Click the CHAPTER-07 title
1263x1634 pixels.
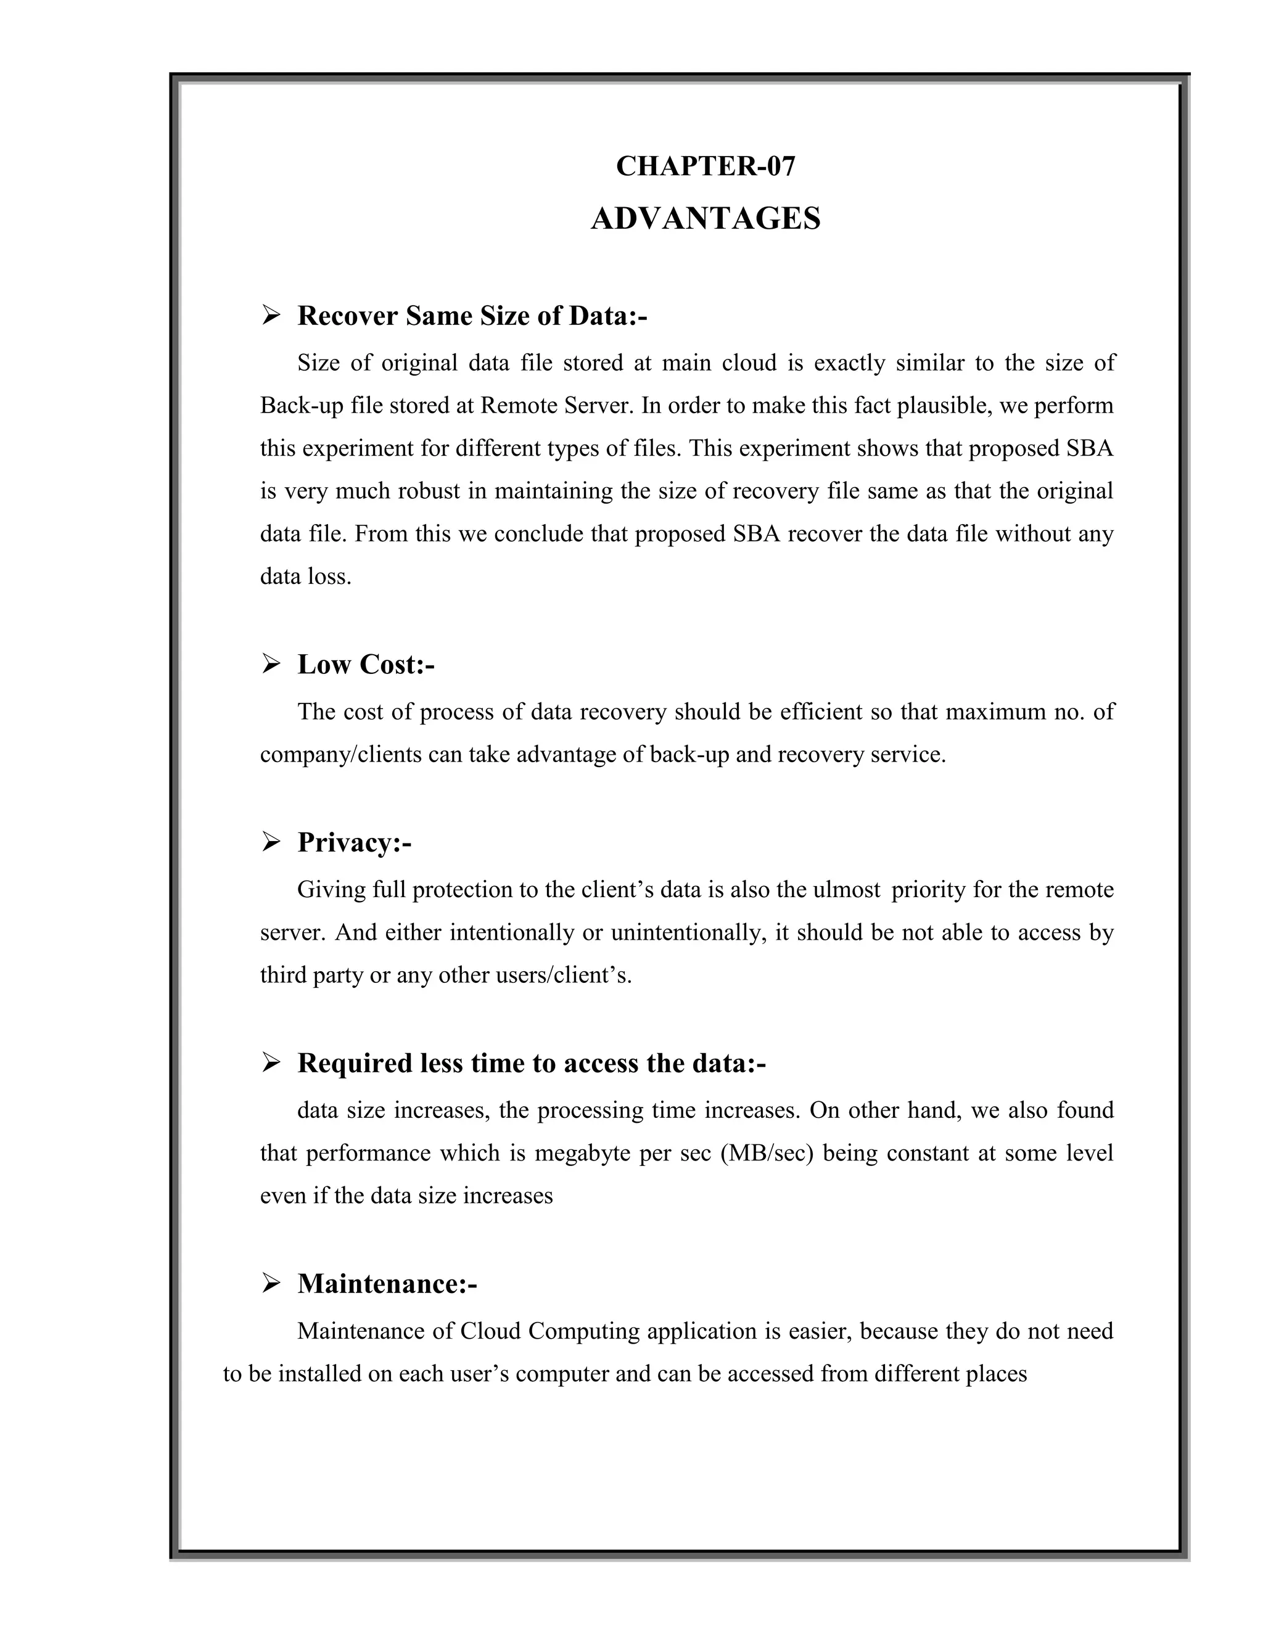[x=706, y=166]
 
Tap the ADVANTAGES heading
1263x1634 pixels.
[x=706, y=218]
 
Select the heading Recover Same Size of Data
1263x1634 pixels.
[x=472, y=316]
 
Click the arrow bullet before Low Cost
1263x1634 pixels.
[x=271, y=663]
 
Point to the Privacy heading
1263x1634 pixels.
[x=354, y=842]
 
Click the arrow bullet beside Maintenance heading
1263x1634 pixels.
[x=271, y=1284]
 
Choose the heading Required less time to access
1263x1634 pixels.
[x=531, y=1063]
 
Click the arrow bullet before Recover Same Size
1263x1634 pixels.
[x=271, y=316]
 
